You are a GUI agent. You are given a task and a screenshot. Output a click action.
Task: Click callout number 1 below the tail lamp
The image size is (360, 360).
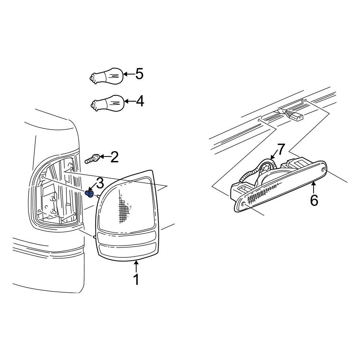click(x=136, y=280)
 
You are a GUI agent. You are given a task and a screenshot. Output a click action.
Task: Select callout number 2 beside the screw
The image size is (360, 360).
click(x=114, y=157)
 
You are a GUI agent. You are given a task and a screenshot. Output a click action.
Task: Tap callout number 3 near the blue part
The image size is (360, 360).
click(x=99, y=183)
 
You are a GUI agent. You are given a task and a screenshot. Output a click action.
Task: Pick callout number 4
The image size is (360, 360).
click(x=140, y=102)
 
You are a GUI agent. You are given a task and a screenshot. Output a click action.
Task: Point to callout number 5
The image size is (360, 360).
click(x=139, y=74)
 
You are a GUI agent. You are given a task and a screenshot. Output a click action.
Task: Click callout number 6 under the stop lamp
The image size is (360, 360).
click(x=314, y=200)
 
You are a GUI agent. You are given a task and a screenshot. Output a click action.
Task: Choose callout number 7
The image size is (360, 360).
click(x=281, y=149)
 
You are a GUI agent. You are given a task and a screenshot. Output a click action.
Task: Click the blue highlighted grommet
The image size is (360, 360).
click(x=90, y=194)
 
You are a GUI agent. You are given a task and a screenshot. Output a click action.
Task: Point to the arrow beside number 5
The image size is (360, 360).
click(x=129, y=75)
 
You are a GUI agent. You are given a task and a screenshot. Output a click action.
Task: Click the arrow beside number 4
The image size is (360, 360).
click(x=129, y=102)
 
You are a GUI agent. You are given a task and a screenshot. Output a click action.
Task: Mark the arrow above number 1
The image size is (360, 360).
click(x=136, y=266)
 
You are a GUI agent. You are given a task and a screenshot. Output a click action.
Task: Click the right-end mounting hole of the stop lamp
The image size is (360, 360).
click(x=324, y=169)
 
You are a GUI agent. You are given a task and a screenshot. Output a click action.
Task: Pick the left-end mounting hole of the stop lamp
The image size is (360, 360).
click(x=244, y=204)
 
